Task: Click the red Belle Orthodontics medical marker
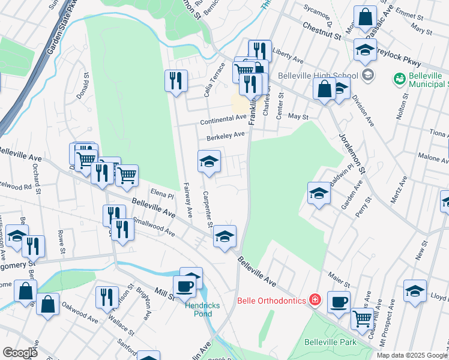(x=314, y=300)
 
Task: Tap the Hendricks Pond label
(x=202, y=310)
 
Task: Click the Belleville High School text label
(x=318, y=76)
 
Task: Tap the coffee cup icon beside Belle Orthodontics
(x=339, y=302)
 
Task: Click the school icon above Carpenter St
(x=209, y=161)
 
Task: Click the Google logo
(x=20, y=353)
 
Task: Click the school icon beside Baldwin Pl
(x=319, y=193)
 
